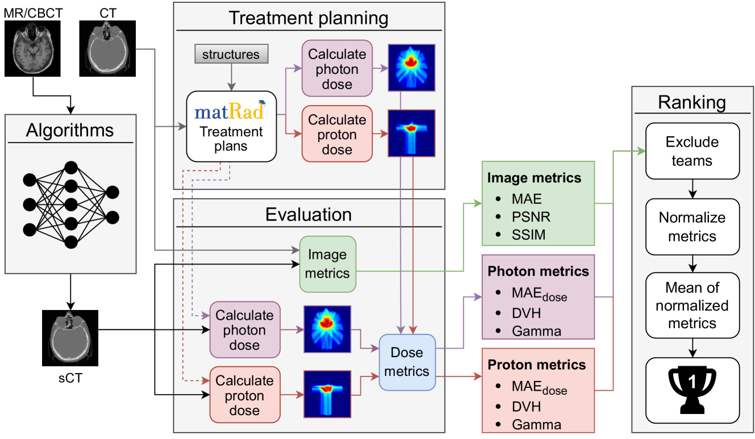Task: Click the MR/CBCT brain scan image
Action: point(32,48)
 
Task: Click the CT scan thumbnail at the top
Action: point(107,48)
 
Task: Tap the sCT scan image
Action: point(70,338)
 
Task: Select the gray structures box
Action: point(231,55)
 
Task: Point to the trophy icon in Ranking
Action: point(691,389)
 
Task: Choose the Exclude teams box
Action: point(691,151)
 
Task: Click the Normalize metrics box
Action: point(691,227)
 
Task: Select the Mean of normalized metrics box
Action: point(691,306)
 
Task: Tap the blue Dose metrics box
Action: point(407,362)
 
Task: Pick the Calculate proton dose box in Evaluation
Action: point(244,395)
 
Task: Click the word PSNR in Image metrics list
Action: point(531,217)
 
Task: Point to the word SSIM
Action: point(528,235)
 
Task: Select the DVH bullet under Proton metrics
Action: point(526,407)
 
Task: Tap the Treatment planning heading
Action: point(308,18)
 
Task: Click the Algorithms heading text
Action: point(70,131)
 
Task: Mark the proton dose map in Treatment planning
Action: point(411,133)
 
